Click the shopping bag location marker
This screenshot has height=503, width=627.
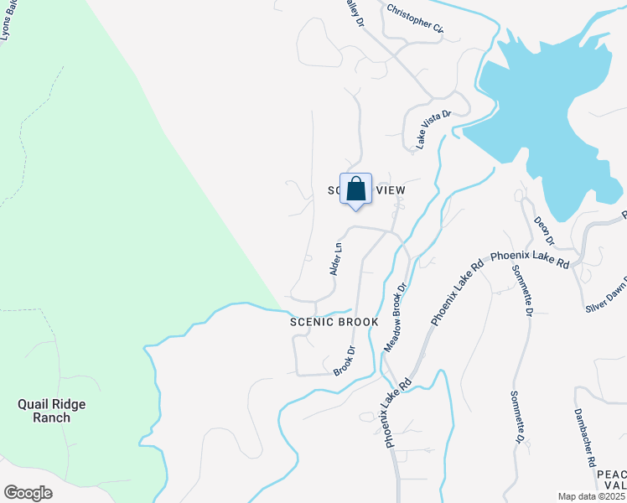click(x=355, y=189)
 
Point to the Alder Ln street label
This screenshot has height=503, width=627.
click(x=336, y=259)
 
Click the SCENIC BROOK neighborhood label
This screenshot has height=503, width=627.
click(x=334, y=322)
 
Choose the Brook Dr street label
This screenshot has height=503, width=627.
click(x=345, y=360)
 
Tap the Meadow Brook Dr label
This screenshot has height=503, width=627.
click(x=396, y=317)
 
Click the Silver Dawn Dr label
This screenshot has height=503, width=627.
click(x=607, y=294)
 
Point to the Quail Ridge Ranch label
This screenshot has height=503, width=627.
click(x=52, y=411)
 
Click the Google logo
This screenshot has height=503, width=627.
click(x=28, y=493)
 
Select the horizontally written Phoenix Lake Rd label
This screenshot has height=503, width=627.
click(x=530, y=259)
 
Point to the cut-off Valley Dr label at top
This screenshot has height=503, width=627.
click(x=355, y=11)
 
